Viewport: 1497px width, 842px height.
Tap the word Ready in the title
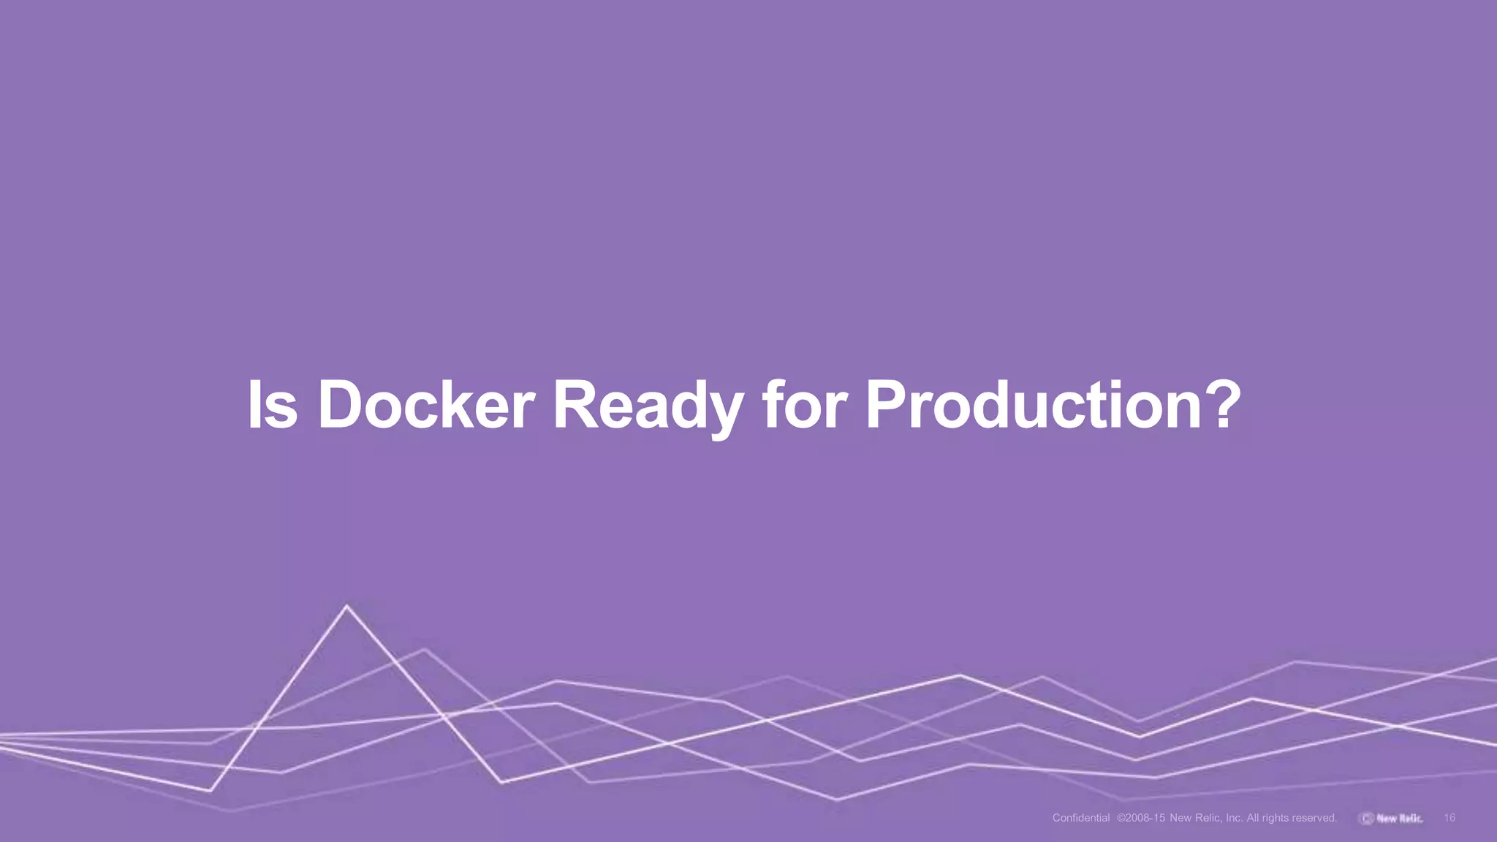(x=648, y=406)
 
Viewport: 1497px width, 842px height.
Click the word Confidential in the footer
(x=1081, y=818)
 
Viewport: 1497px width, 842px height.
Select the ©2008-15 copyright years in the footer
(x=1140, y=818)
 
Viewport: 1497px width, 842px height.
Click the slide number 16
(x=1449, y=818)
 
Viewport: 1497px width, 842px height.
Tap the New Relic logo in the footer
(x=1391, y=818)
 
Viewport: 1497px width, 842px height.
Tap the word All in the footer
(x=1253, y=818)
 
